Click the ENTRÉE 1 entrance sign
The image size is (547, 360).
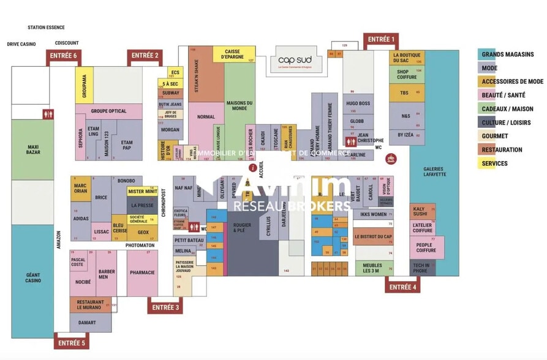(380, 40)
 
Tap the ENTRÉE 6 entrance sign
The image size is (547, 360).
(64, 56)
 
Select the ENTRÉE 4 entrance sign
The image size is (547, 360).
(403, 287)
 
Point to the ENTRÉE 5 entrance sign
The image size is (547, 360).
(72, 343)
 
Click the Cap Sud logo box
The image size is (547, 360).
(295, 60)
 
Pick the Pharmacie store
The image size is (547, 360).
(142, 273)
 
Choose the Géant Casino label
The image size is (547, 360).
(32, 277)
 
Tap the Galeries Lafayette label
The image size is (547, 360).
(434, 171)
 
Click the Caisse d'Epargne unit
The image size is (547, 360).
(235, 54)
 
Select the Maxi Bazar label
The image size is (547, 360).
(32, 149)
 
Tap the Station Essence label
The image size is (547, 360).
(46, 28)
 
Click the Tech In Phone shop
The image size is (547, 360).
(421, 268)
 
